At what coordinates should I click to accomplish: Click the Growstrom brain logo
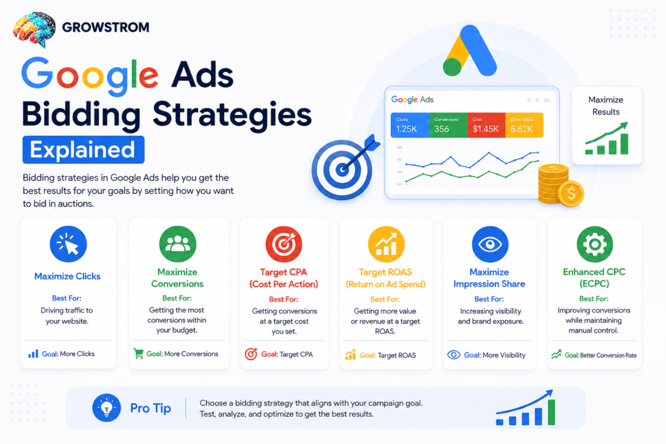34,29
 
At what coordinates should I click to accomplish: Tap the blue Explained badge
83,150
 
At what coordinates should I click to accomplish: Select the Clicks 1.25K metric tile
410,125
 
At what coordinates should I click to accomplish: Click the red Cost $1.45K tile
486,125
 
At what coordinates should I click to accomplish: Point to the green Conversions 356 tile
447,125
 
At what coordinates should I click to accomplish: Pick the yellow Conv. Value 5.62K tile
524,125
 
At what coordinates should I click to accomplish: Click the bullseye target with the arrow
344,167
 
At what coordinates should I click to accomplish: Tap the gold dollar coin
571,194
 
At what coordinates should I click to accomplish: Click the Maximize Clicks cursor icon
68,244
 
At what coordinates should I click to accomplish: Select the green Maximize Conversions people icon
178,244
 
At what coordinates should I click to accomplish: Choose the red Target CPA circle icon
284,244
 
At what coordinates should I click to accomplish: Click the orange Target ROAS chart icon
386,244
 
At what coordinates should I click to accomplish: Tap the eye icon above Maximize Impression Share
490,244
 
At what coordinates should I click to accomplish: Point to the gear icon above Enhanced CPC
594,244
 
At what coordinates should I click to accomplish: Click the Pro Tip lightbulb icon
107,408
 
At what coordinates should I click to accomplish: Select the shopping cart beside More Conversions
139,354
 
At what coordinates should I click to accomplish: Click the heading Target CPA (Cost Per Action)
284,278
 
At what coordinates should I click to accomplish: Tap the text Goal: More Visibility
494,355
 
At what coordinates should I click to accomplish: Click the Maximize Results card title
606,106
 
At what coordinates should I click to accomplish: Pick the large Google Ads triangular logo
470,51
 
